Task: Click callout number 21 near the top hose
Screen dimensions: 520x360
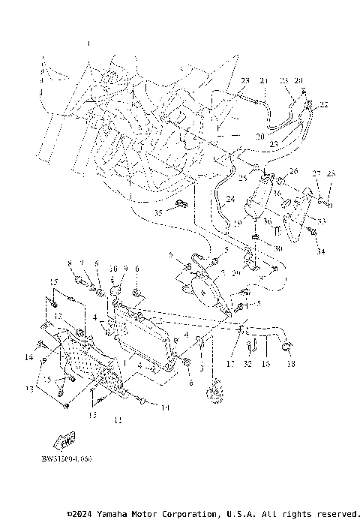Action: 263,80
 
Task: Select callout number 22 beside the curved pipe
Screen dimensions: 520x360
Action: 324,104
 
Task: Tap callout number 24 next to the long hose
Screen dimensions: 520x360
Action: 230,199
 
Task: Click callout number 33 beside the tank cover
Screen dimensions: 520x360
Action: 322,221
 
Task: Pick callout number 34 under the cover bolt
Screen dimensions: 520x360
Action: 321,251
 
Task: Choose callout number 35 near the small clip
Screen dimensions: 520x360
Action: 157,213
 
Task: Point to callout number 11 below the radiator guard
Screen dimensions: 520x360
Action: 116,421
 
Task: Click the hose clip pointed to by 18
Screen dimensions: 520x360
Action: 286,344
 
